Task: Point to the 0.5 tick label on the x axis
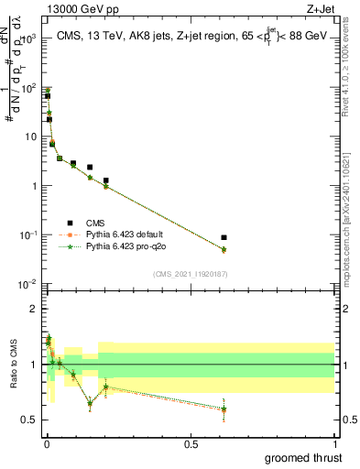click(191, 443)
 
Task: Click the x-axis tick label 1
click(334, 443)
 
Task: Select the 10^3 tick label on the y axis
click(27, 39)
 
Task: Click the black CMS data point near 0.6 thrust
click(224, 237)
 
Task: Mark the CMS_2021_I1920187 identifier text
click(191, 273)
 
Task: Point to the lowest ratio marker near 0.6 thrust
click(224, 409)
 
